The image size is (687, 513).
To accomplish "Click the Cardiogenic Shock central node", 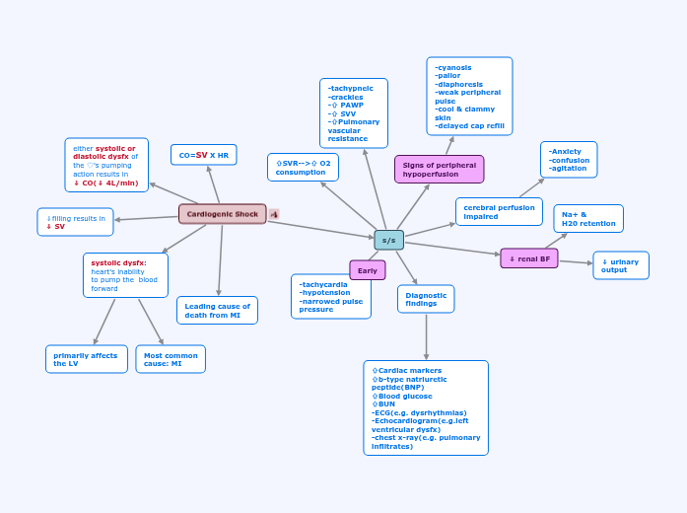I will (222, 214).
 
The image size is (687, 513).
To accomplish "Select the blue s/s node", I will (388, 240).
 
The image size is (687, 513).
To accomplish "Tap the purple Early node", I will (367, 270).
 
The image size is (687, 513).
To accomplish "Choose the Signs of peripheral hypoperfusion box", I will (439, 170).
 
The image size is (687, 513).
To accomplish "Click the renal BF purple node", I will (528, 258).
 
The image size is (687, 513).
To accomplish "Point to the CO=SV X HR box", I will (203, 155).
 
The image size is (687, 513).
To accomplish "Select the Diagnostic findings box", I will (426, 299).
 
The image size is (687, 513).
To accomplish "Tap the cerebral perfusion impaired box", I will (499, 212).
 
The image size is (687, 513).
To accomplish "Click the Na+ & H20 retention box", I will (587, 219).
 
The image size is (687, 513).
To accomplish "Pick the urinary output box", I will (620, 265).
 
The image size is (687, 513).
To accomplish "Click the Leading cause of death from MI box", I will (217, 311).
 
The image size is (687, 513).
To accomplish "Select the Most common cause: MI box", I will (171, 359).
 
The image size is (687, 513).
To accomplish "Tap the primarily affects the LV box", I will (86, 359).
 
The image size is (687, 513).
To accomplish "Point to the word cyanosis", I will (454, 67).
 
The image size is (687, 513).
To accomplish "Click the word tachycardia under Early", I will (325, 284).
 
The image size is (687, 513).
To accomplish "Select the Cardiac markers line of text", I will (410, 371).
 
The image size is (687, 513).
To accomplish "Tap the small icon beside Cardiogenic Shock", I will (274, 214).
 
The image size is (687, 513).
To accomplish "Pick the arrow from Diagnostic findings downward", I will (426, 336).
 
